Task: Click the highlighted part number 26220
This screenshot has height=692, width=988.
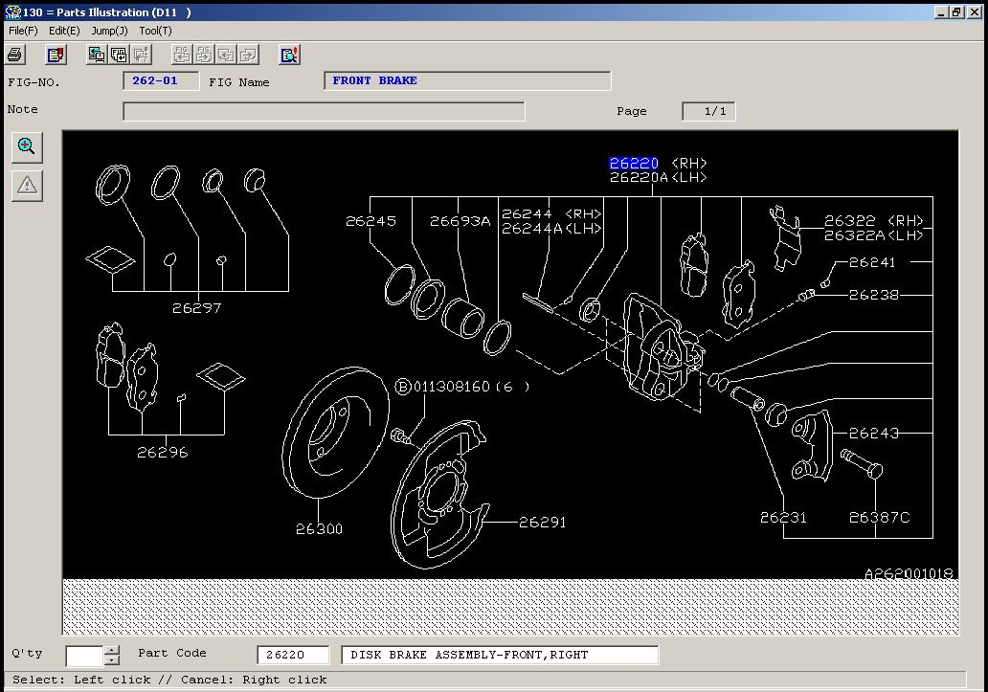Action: coord(634,164)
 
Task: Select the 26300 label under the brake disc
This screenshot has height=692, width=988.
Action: coord(319,529)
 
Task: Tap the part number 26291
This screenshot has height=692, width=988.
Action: coord(543,522)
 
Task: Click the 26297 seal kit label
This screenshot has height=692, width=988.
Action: coord(196,308)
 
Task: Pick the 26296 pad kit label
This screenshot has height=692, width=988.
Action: coord(163,452)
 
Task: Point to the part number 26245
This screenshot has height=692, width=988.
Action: coord(371,221)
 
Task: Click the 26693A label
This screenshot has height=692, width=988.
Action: coord(460,221)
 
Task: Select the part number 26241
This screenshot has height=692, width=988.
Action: coord(872,262)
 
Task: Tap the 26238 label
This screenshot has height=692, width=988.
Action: coord(874,295)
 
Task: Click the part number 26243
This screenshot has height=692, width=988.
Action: coord(874,434)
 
